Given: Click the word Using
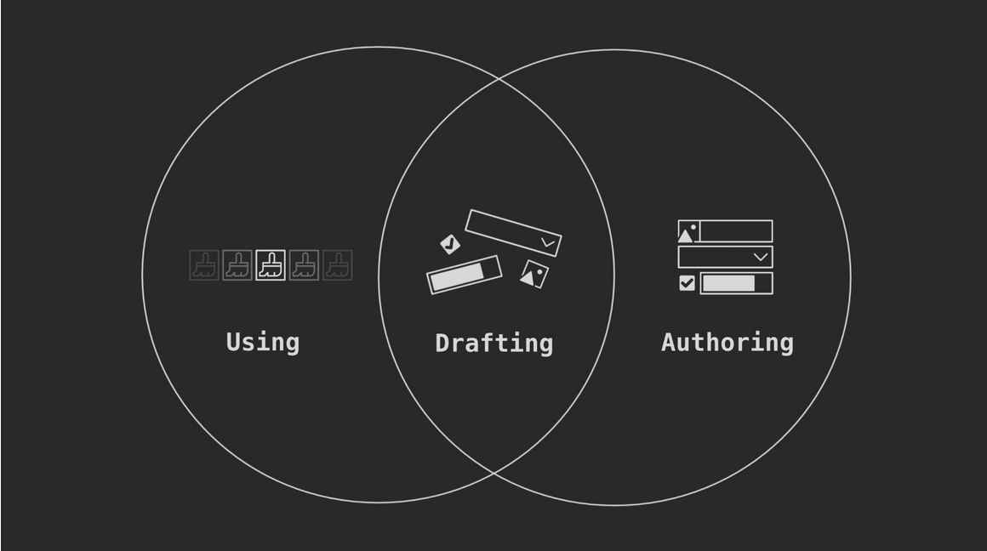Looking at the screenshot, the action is coord(262,343).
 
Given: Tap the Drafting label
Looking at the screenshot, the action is coord(494,344).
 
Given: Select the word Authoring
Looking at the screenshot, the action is coord(727,343).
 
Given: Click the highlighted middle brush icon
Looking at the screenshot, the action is coord(271,265).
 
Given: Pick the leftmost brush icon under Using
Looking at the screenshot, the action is coord(204,265).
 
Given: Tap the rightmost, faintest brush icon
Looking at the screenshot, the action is coord(338,265).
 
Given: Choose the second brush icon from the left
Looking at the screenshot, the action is coord(237,265).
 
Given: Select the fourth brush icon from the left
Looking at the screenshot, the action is coord(304,265).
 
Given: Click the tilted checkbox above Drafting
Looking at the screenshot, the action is coord(450,244).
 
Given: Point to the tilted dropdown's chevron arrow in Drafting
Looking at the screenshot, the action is coord(548,242).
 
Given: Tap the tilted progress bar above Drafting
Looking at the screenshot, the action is coord(465,275).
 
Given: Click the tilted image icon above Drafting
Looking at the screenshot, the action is coord(534,275).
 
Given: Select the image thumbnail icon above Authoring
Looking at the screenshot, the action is coord(688,231).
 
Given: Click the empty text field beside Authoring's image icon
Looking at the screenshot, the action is coord(736,231).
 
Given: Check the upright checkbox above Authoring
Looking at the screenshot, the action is coord(687,283).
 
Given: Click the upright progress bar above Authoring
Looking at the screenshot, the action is coord(737,283).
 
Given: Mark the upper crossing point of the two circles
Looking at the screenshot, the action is coord(497,79).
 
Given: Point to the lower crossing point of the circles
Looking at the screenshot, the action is coord(495,472).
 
